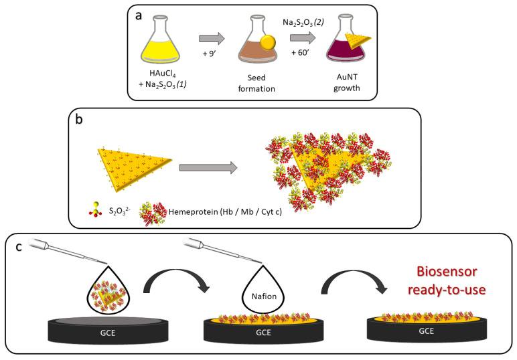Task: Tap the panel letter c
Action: click(19, 246)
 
